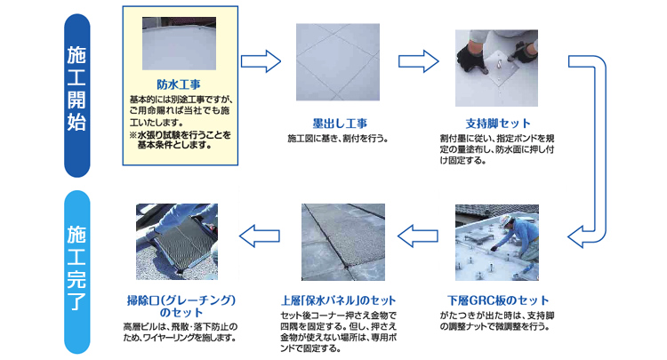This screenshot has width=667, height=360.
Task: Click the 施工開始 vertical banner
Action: point(77,96)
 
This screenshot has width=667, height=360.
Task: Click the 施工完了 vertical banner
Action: point(77,272)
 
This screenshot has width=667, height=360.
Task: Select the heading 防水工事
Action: point(179,84)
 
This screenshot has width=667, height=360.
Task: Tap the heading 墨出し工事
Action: point(340,124)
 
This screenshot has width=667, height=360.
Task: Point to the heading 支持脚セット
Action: point(498,124)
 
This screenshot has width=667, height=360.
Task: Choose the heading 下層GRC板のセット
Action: point(498,300)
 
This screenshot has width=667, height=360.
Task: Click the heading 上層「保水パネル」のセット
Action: point(339,300)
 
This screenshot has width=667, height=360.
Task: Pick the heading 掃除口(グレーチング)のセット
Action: point(181,307)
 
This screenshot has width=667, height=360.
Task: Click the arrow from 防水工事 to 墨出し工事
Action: point(261,61)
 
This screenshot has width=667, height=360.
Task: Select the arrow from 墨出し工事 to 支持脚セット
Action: point(419,61)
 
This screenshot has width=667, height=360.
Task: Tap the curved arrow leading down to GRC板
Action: point(599,148)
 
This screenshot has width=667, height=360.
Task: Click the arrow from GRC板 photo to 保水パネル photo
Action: point(418,236)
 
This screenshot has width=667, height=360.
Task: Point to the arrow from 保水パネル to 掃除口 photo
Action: point(260,236)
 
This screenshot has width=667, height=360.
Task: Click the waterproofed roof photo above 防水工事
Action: point(179,44)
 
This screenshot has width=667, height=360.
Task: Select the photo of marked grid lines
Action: point(338,62)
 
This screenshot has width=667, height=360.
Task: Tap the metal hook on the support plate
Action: point(499,66)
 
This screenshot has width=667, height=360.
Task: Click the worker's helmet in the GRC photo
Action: point(505,220)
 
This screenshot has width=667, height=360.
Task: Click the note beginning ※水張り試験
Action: point(181,140)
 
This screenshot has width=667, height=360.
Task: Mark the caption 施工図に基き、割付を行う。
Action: point(338,139)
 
